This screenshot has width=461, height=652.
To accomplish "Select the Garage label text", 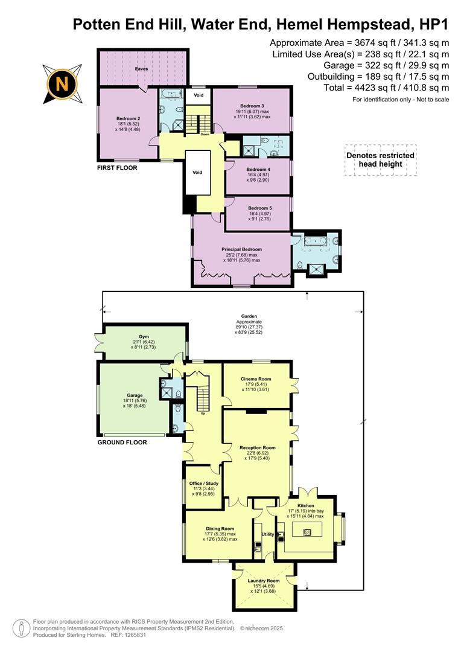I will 135,395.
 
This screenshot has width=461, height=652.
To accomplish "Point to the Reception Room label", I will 257,447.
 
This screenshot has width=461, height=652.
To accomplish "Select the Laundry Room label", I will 264,581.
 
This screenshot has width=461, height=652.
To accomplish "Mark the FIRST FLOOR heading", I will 117,168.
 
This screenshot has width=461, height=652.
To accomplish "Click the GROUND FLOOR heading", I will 122,443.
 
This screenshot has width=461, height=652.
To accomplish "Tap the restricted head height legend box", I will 380,160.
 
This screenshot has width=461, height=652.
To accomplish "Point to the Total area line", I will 386,88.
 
